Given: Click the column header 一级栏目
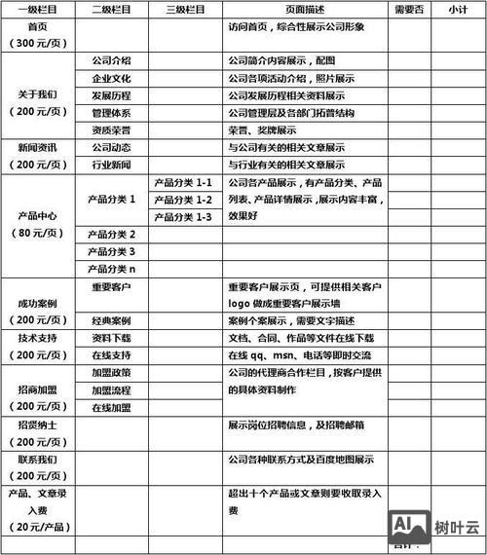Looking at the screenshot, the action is (38, 9).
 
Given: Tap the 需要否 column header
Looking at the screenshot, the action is (410, 9).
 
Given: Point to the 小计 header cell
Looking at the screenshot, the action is (458, 9).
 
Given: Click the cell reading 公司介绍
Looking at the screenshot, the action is (111, 60).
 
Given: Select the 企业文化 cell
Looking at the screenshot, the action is (111, 78).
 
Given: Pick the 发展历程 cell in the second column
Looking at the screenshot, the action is (111, 95).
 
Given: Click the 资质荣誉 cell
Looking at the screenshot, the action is (111, 129).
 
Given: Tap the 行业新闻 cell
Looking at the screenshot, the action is (111, 165).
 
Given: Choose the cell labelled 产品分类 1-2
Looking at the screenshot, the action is (184, 200).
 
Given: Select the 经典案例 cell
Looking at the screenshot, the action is (111, 319).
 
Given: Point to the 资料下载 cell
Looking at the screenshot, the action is (111, 337).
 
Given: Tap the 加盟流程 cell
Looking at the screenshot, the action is (111, 389).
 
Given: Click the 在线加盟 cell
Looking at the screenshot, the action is (111, 407).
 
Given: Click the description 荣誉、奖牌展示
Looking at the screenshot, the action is (262, 129).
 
